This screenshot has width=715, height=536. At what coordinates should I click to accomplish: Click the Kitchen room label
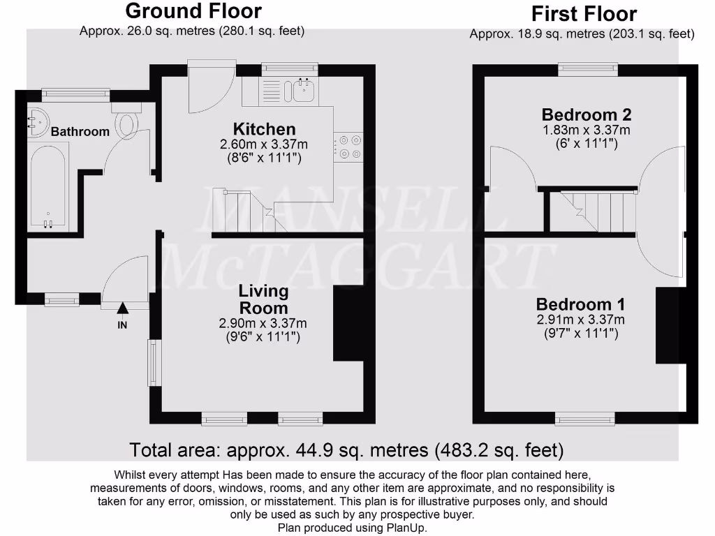point(264,129)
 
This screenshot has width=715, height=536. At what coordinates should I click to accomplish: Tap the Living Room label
point(263,299)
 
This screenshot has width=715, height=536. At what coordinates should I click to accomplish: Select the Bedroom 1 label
point(580,304)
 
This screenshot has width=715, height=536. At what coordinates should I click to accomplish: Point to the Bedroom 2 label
point(587,114)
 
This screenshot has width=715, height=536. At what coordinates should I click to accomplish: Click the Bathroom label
point(80,131)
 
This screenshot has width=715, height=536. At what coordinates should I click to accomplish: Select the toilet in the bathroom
point(126,124)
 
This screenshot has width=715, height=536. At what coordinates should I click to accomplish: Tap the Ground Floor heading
point(193,11)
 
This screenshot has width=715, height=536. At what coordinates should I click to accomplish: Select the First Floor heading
point(584,14)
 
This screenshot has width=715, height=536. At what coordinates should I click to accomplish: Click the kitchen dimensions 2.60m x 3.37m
point(264,144)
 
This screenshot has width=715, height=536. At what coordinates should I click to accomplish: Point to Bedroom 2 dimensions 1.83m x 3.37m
point(587,131)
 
